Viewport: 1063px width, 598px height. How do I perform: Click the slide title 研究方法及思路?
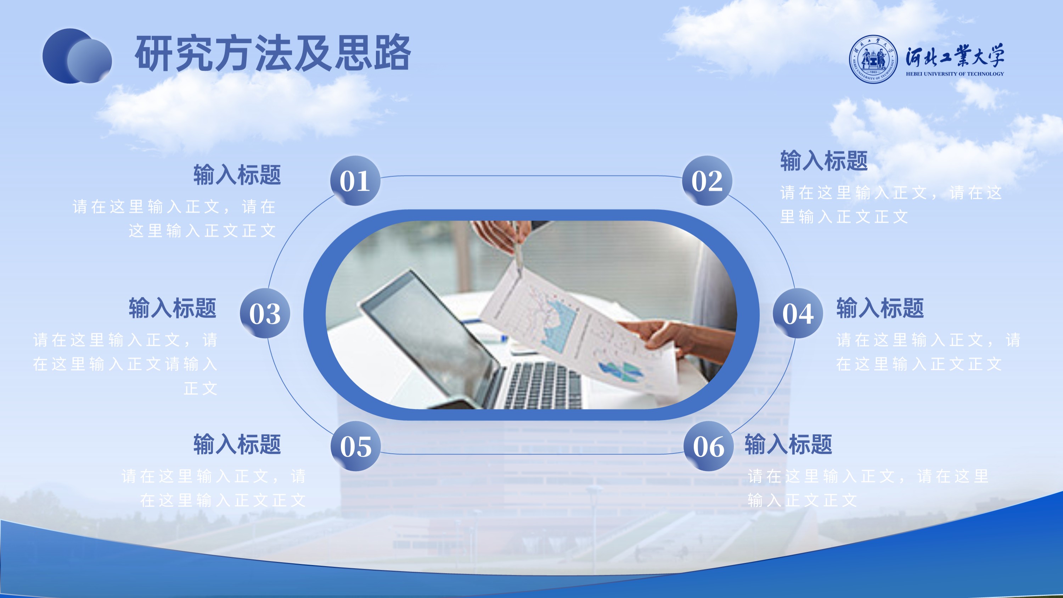pos(273,53)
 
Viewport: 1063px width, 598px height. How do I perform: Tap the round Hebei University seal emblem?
pos(873,59)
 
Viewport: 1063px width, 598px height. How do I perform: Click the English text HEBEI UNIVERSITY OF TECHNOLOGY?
pos(955,74)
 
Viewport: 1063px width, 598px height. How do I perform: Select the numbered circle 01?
pos(355,180)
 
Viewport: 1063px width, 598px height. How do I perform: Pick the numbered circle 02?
pos(707,180)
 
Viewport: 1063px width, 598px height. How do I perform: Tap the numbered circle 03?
pos(265,313)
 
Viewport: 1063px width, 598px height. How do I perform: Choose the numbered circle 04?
pos(798,313)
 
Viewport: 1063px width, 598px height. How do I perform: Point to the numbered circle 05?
pos(355,446)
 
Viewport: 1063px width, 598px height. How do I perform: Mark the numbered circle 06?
pos(708,446)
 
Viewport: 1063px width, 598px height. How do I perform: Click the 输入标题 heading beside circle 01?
pos(237,174)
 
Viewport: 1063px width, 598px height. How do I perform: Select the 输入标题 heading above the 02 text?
pos(824,161)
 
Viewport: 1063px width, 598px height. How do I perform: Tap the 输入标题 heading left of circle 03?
pos(173,308)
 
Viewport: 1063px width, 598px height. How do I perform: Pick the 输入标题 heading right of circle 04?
pos(880,308)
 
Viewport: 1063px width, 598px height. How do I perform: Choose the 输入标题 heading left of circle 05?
pos(237,444)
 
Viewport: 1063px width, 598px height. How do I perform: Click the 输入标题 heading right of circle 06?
pos(788,444)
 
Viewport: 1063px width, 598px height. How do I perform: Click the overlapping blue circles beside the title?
pos(77,56)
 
